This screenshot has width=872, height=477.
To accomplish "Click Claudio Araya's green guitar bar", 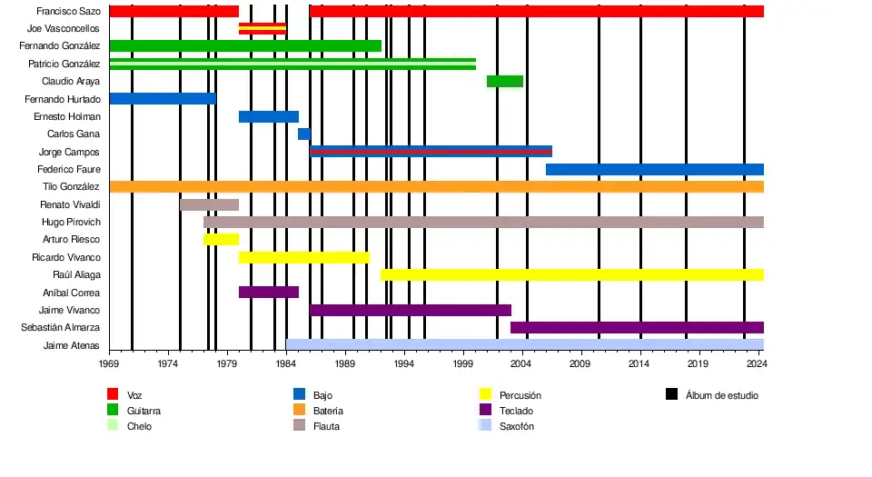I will (504, 82).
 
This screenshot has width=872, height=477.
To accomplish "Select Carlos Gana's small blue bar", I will (303, 134).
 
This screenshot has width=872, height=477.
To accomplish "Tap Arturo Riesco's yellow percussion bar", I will (221, 240).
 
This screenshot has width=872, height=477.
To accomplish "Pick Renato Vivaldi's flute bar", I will (209, 204).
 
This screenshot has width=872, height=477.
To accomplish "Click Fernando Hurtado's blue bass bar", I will (162, 99).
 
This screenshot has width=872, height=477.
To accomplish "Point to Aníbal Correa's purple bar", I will (268, 293).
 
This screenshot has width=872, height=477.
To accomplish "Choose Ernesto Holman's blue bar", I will (268, 116).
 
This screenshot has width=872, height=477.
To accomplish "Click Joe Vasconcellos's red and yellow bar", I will (262, 29).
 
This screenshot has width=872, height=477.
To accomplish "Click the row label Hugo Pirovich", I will (71, 222).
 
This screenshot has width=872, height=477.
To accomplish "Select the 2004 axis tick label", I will (521, 363).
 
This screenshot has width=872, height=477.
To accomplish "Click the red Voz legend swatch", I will (113, 394).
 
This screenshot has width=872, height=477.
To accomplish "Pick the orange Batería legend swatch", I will (299, 410).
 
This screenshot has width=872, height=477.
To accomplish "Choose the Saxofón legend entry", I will (516, 426).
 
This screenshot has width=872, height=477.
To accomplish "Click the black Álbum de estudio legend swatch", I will (671, 394).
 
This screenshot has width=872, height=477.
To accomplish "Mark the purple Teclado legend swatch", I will (485, 410).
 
